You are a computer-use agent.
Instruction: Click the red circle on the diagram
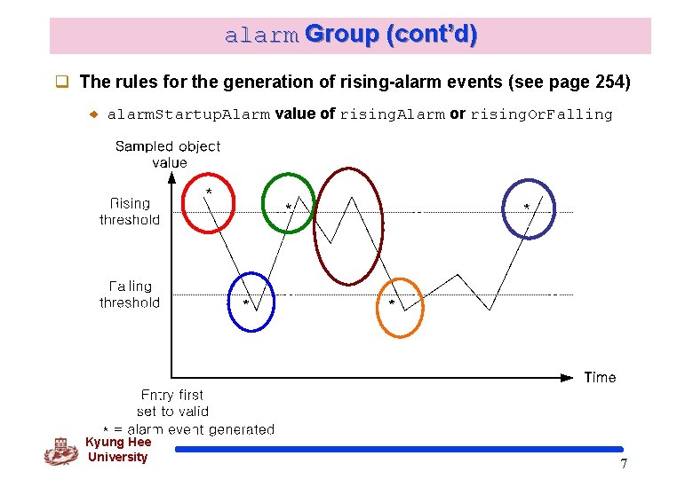click(207, 201)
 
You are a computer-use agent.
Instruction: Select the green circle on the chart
click(288, 204)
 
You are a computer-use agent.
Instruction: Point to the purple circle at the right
click(528, 208)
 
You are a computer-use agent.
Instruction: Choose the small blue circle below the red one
click(251, 302)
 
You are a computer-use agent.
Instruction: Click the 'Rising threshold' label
click(130, 212)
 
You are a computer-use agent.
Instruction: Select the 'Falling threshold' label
click(130, 294)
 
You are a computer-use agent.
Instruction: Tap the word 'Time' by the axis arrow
click(600, 378)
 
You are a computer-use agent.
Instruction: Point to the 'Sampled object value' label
click(168, 154)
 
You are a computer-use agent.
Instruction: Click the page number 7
click(624, 464)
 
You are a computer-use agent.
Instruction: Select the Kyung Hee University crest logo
click(60, 452)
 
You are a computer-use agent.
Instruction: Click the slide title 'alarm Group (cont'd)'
click(350, 35)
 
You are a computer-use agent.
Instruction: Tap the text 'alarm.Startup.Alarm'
click(187, 114)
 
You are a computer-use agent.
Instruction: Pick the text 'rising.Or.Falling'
click(541, 114)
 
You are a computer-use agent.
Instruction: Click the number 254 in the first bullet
click(609, 82)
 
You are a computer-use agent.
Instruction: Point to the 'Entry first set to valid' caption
click(172, 403)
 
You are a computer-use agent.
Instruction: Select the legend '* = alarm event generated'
click(188, 429)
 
